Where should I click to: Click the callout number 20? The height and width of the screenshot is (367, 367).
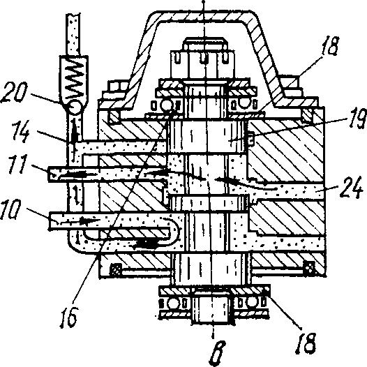[x=13, y=93]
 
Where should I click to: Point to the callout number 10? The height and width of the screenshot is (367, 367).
[x=10, y=209]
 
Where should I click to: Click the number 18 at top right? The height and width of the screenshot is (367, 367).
[x=330, y=47]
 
